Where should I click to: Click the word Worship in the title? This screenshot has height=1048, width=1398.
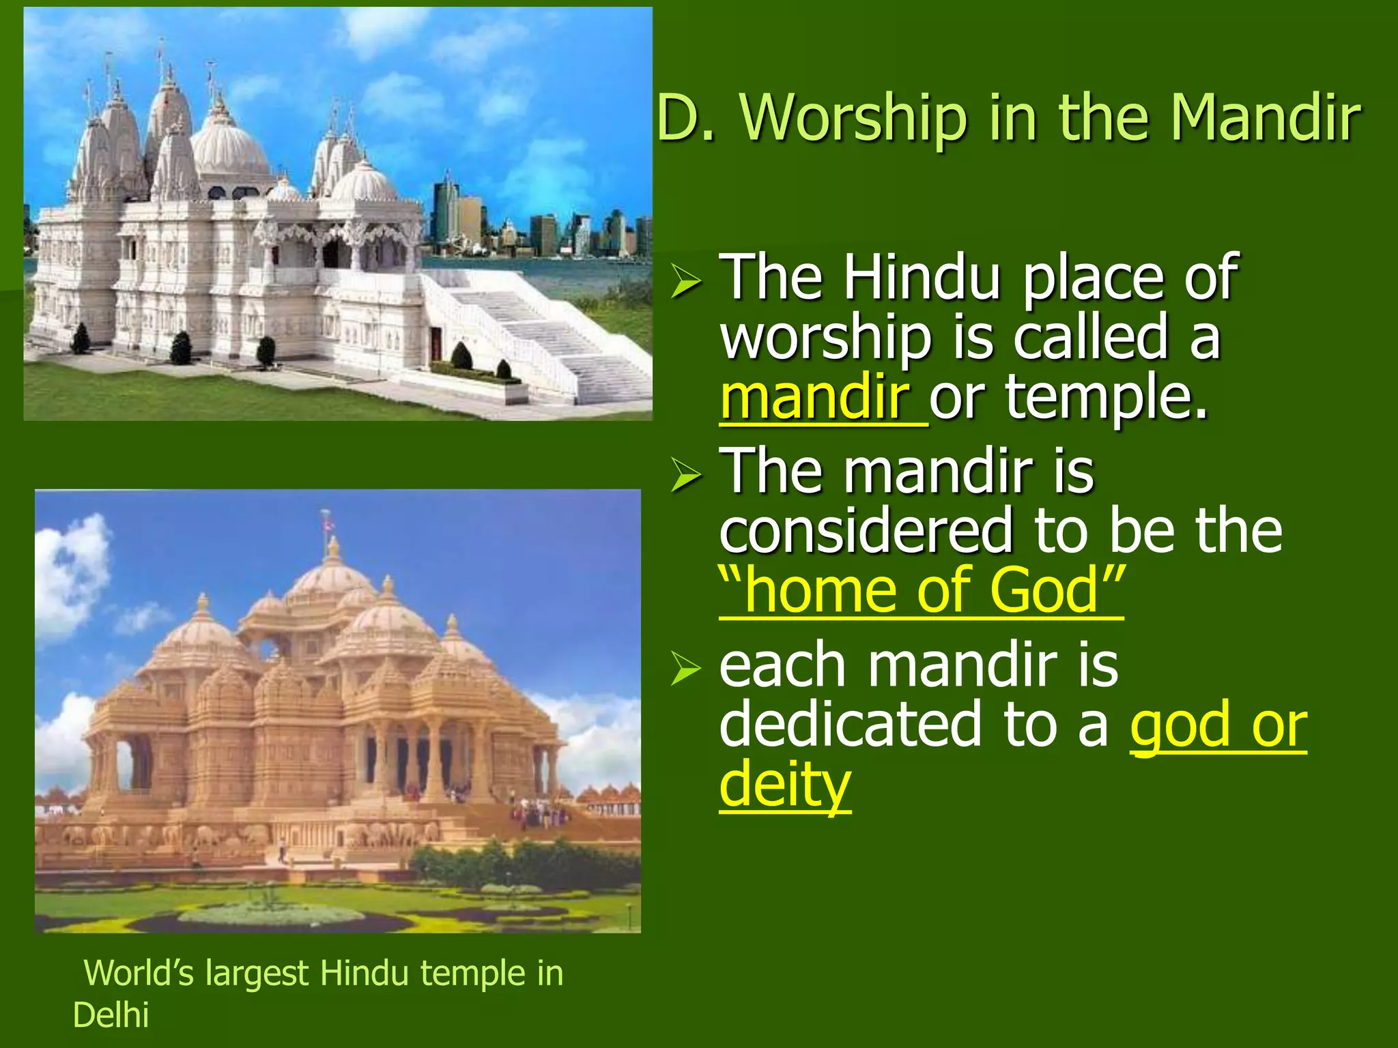854,119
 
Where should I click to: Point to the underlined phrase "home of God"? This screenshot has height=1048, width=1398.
921,591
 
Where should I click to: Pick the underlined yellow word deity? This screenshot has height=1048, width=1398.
785,785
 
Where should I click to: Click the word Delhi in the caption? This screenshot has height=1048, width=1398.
111,1015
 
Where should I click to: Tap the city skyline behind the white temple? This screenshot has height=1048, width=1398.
532,225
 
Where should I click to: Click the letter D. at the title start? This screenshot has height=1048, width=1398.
685,119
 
